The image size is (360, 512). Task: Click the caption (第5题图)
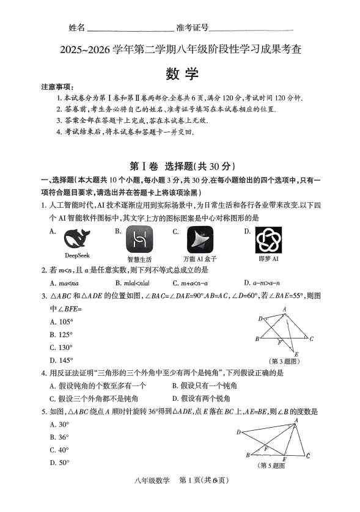[274, 466]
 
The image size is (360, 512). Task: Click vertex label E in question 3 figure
[296, 354]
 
